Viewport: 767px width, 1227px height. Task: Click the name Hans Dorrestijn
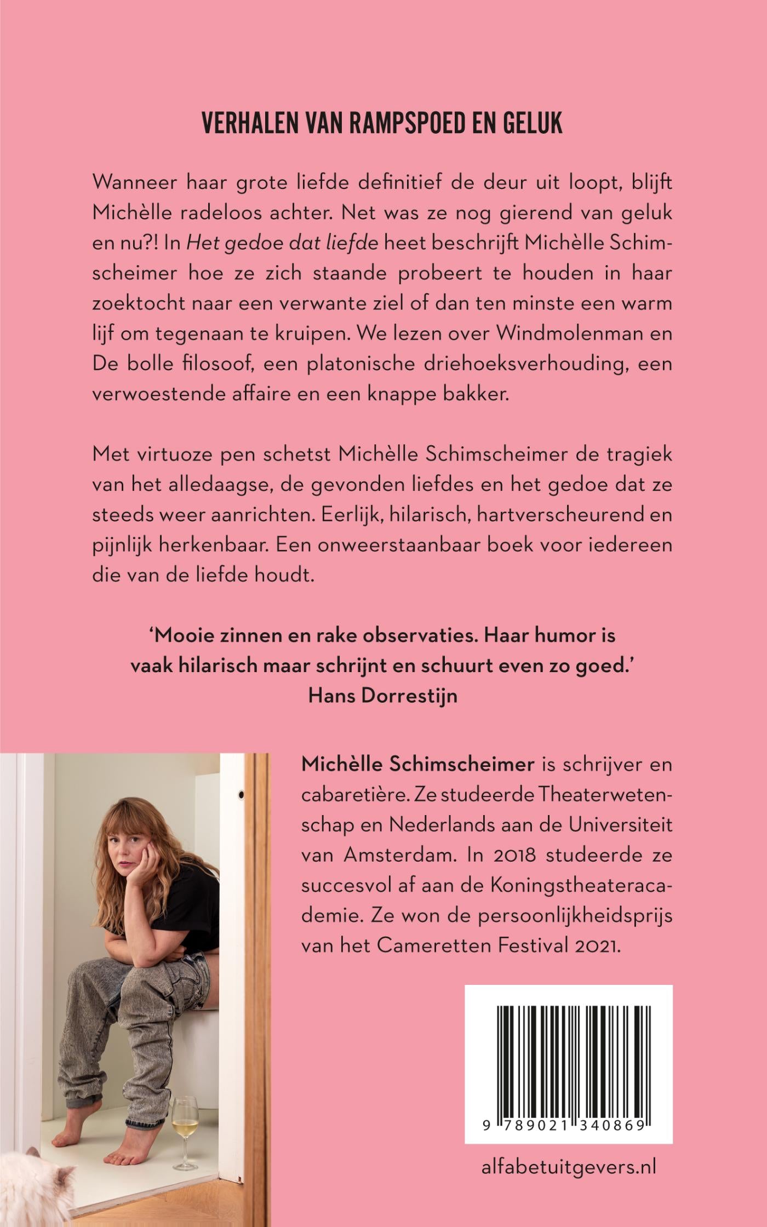pyautogui.click(x=382, y=695)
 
